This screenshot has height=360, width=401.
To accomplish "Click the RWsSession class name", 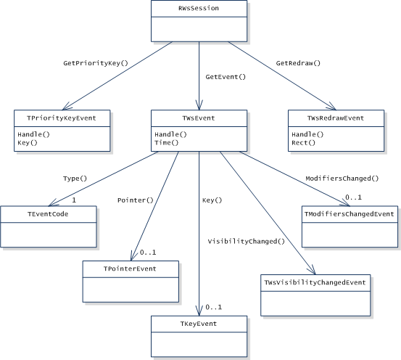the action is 199,8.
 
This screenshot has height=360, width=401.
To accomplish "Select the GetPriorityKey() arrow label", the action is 96,63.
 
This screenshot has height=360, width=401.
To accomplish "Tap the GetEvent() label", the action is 226,77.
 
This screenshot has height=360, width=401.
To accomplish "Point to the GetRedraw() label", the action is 298,63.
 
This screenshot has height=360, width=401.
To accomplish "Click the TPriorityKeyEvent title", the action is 62,118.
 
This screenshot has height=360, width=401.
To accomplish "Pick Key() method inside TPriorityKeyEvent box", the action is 28,143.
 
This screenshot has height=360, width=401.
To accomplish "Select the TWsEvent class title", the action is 199,118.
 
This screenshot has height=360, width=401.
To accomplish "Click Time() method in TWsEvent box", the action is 167,143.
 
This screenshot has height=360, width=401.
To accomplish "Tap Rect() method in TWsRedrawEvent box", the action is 303,143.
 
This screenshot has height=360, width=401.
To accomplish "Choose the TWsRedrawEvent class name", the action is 336,118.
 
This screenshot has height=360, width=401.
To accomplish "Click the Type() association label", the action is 75,179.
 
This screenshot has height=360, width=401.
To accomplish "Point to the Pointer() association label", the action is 136,200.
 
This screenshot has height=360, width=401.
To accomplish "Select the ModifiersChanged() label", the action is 342,179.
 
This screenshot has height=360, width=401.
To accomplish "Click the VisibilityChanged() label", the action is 247,242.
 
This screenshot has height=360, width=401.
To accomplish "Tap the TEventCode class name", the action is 48,214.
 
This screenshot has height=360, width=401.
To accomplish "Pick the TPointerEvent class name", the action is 130,269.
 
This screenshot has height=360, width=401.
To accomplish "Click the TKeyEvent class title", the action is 199,324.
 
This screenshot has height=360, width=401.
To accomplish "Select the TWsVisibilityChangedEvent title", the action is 315,282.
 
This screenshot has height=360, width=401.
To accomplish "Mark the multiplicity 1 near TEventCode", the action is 74,200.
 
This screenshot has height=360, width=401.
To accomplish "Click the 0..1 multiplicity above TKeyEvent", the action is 213,307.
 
